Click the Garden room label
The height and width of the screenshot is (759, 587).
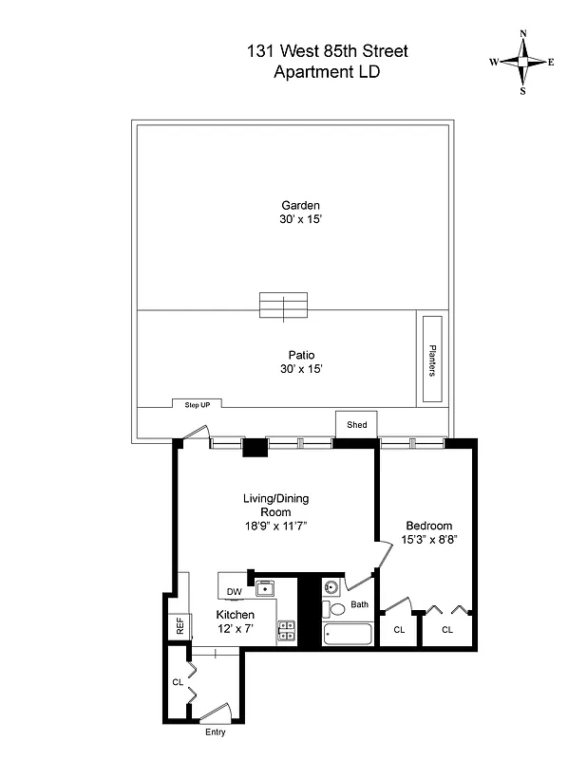300,205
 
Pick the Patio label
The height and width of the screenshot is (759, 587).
301,355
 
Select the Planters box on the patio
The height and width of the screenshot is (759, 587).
431,360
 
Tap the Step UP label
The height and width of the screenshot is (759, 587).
198,404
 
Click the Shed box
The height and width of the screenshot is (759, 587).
356,424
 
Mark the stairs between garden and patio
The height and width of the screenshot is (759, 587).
284,306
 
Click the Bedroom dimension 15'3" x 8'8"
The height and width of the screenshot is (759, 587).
428,540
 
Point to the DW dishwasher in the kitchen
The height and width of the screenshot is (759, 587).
234,592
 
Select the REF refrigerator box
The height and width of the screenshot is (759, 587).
179,627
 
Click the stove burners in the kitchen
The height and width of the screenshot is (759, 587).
286,627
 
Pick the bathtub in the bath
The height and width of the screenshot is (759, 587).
348,633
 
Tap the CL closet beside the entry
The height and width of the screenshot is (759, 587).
178,681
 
